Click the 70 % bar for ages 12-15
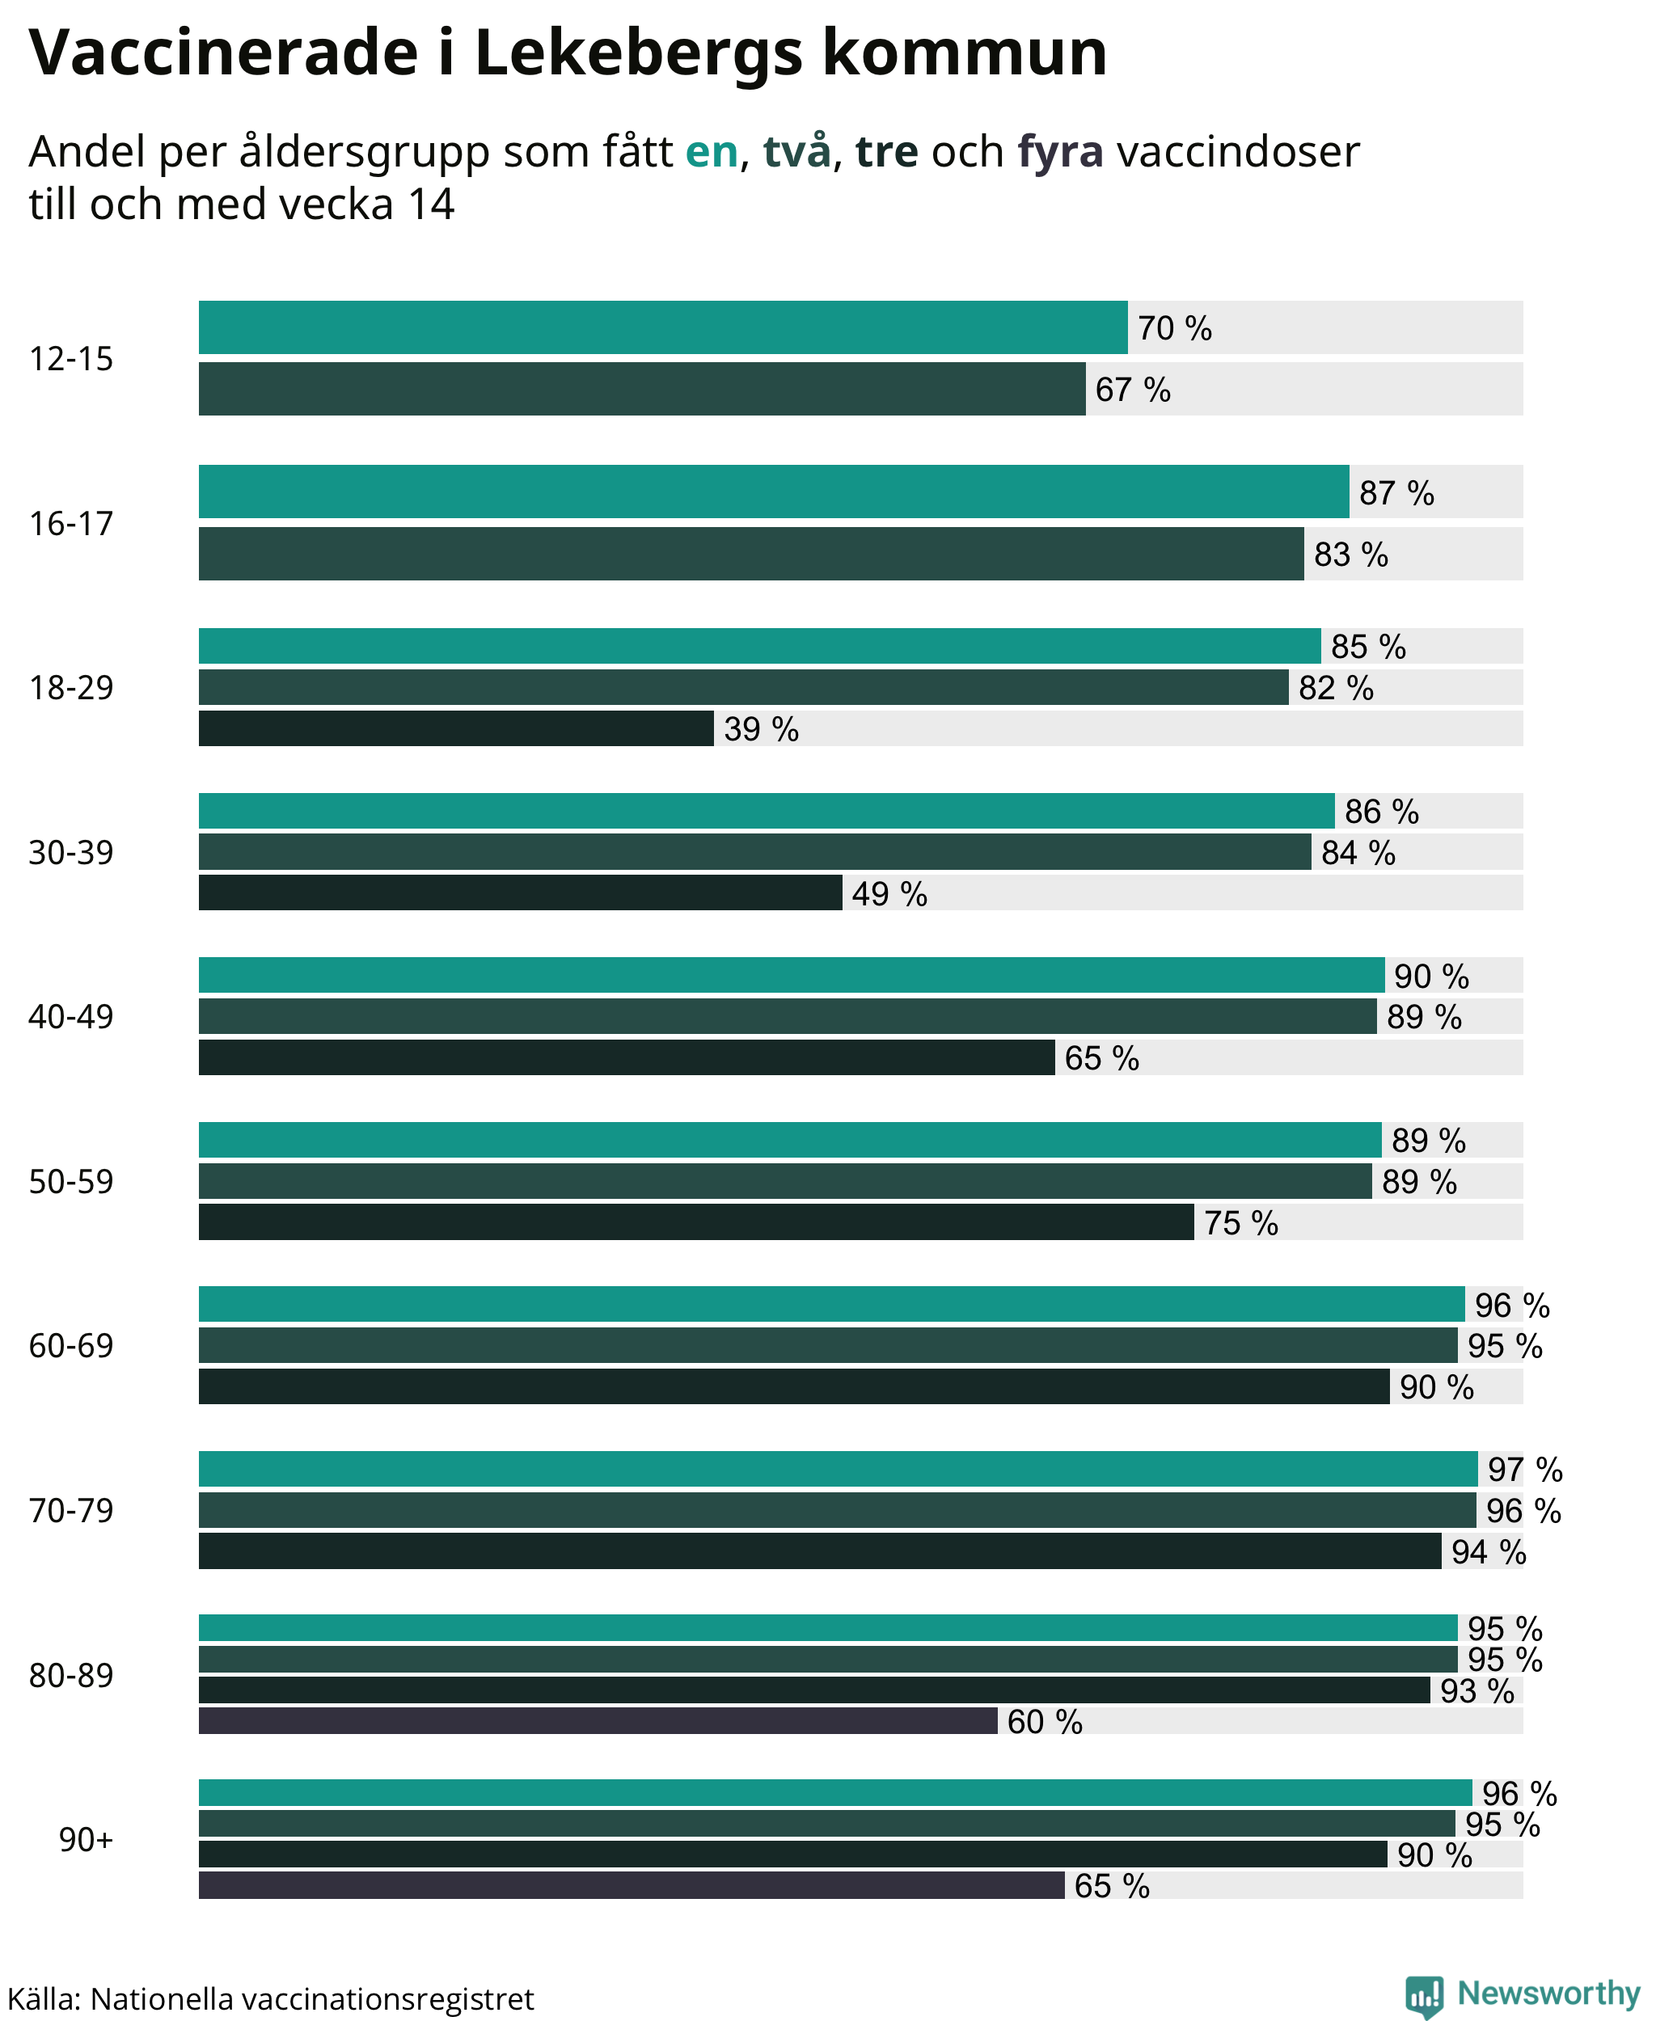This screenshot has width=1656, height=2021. [x=663, y=327]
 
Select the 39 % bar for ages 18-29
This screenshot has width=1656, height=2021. [x=456, y=728]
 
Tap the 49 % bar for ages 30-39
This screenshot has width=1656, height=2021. [x=520, y=892]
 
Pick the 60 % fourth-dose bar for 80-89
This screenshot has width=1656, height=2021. [x=598, y=1720]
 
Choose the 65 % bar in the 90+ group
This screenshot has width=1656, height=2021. [x=632, y=1884]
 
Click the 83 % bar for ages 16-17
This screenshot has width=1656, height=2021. [x=750, y=553]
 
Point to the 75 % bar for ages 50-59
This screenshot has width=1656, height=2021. [x=696, y=1221]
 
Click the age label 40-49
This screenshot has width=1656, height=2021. [x=70, y=1017]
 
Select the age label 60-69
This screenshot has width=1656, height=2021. [x=70, y=1346]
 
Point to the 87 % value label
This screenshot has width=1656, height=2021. [x=1396, y=493]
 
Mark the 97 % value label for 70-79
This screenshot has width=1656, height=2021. [x=1525, y=1470]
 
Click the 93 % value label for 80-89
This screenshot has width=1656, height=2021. [x=1477, y=1691]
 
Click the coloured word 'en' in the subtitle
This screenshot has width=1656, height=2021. [x=712, y=152]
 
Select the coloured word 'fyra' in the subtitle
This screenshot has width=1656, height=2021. [x=1061, y=153]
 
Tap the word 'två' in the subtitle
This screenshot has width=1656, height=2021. [x=797, y=150]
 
